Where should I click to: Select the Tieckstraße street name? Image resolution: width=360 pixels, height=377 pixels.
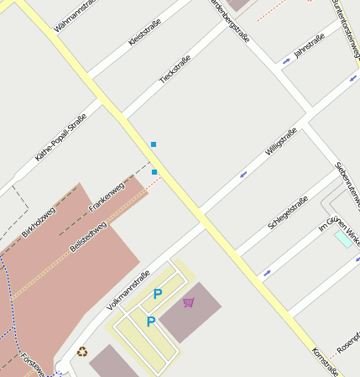pos(175,69)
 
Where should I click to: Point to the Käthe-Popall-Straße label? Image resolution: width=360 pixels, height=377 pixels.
pos(61,136)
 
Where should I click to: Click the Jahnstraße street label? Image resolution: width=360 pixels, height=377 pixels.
pos(309,45)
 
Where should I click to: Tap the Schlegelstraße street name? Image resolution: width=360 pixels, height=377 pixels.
pos(288,212)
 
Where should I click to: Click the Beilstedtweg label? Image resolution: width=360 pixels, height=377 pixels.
pos(88,237)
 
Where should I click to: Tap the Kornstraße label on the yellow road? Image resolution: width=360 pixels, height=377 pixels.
pos(325,362)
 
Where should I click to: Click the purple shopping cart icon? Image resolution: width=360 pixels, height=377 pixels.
pos(189,302)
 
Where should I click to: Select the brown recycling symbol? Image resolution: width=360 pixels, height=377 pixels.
pos(82,352)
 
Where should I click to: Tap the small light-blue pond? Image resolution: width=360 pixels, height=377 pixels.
pos(343,238)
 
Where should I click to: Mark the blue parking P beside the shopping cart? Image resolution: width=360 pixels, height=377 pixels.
pos(157,294)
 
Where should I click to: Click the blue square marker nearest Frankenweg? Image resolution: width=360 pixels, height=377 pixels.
pos(154,172)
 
